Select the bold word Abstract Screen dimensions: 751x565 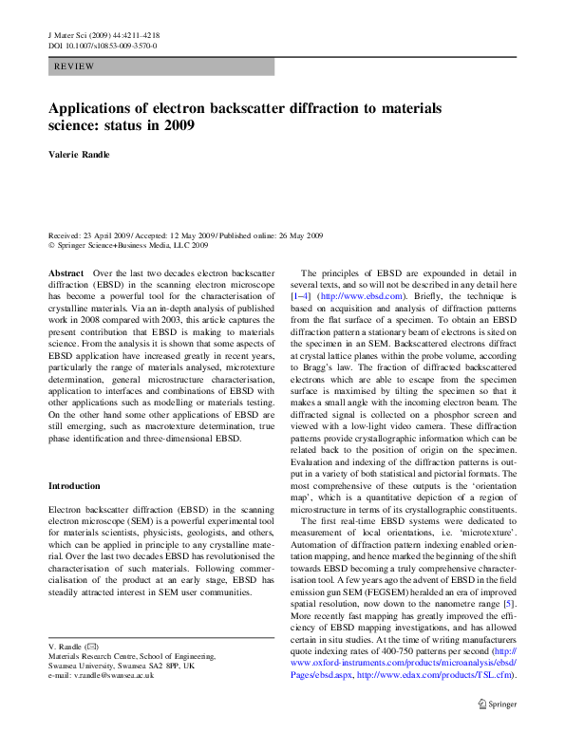coord(66,272)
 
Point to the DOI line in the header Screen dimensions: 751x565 coord(103,45)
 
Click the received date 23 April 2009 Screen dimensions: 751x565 coord(110,235)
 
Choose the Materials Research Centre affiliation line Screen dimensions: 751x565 coord(132,655)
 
